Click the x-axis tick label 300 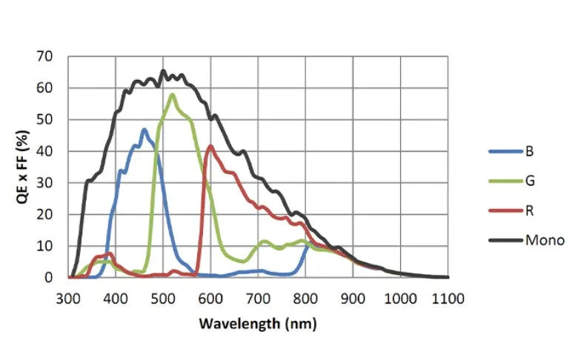coord(68,299)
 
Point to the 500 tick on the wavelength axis coord(163,299)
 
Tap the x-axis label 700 coord(259,299)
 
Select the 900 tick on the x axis coord(353,299)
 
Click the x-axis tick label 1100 coord(448,299)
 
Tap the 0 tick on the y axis coord(48,278)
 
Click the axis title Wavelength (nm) coord(258,324)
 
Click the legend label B coord(529,151)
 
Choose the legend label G coord(530,181)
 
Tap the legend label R coord(529,210)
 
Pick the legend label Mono coord(545,240)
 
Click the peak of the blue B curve coord(144,130)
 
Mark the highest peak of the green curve coord(173,94)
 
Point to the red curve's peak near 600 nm coord(211,146)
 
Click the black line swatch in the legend coord(505,240)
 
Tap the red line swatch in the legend coord(505,210)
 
